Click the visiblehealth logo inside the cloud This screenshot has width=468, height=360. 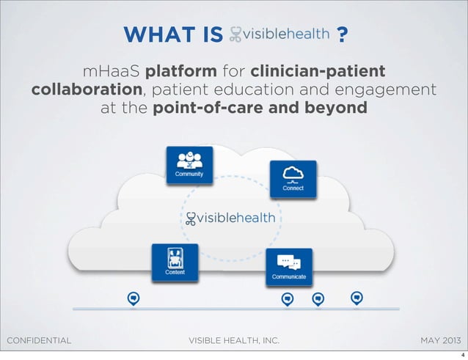230,218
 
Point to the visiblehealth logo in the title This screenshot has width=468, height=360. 279,34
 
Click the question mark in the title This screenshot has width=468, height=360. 341,34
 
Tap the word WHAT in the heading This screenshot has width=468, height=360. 156,34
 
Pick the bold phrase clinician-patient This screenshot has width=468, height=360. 317,73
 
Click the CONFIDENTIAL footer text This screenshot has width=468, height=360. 38,340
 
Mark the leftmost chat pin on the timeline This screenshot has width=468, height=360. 133,298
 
